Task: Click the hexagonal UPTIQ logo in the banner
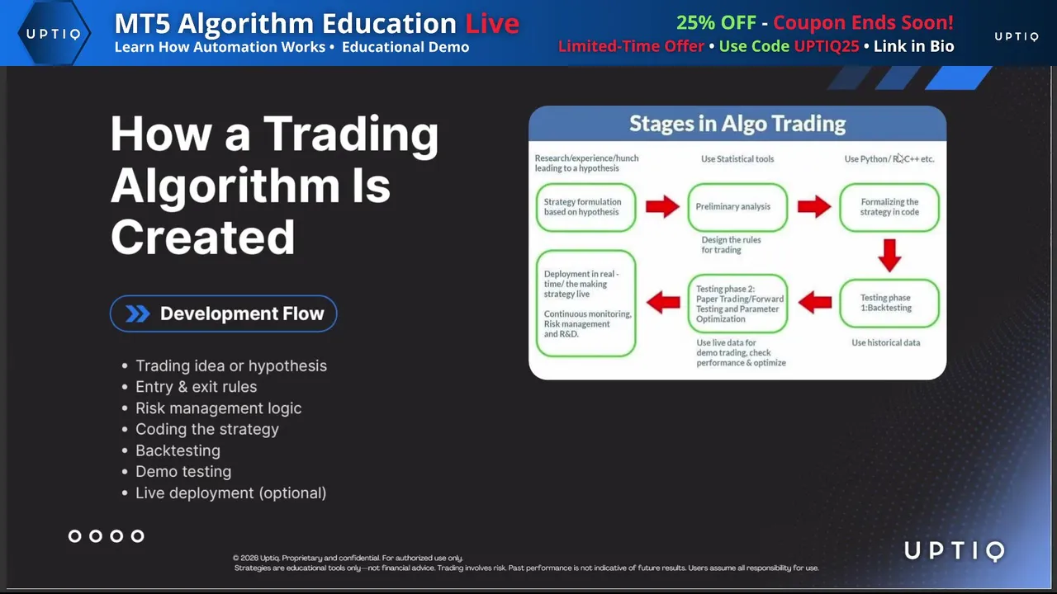[54, 33]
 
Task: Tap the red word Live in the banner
[492, 23]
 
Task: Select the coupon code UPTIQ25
[827, 46]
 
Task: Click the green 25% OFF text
[716, 22]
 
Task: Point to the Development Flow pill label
[224, 313]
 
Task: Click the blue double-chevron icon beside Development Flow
[137, 313]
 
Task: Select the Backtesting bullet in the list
[178, 450]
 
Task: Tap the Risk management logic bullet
[219, 408]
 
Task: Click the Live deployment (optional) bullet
[230, 493]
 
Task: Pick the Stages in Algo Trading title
[737, 124]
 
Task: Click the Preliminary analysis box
[737, 207]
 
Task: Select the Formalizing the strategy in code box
[889, 207]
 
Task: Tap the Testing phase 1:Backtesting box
[889, 303]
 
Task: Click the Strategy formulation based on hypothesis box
[585, 207]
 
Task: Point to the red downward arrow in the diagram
[890, 256]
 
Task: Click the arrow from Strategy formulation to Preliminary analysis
[662, 206]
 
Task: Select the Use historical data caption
[886, 342]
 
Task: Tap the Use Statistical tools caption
[737, 159]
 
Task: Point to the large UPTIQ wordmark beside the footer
[955, 551]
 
